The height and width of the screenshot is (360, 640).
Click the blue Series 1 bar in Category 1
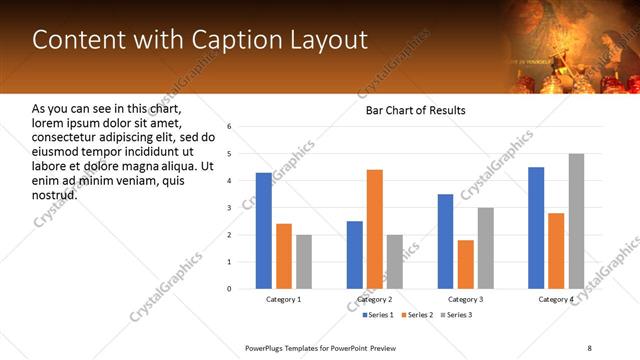click(263, 231)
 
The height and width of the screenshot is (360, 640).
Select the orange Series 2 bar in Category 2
click(375, 229)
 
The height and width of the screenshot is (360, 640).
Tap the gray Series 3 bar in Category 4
click(576, 221)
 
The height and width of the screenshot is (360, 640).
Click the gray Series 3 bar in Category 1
click(303, 262)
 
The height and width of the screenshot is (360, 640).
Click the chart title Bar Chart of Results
click(415, 110)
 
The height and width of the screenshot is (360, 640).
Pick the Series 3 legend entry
click(457, 316)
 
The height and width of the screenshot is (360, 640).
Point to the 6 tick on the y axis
click(229, 127)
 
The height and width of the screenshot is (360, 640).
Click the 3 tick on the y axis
click(229, 208)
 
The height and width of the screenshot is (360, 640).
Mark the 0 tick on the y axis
click(229, 289)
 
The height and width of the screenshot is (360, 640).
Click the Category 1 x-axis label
click(284, 299)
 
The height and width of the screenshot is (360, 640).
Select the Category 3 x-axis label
click(465, 299)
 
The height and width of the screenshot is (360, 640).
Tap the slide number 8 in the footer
click(590, 349)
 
